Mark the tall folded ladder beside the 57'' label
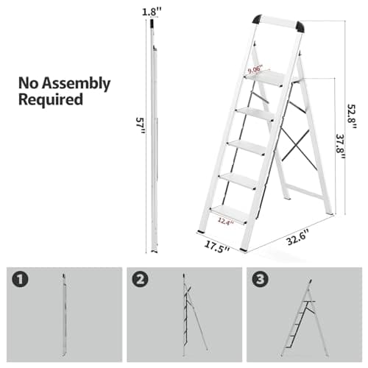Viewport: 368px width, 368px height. pyautogui.click(x=154, y=132)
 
